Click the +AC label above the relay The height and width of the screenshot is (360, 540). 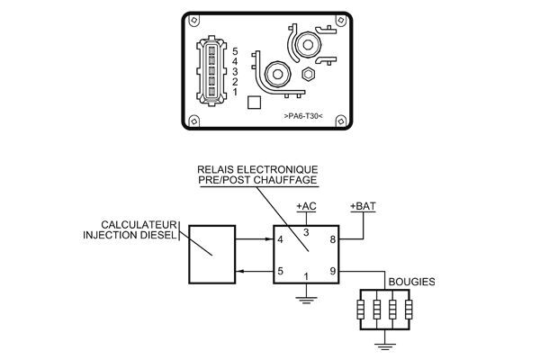point(306,206)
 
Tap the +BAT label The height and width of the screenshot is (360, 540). point(363,206)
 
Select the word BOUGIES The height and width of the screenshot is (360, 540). point(410,282)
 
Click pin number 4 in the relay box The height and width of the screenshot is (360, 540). point(281,240)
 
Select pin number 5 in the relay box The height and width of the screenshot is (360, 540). point(281,270)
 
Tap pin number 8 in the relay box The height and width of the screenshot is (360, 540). point(332,240)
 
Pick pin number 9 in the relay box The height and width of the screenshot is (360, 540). point(332,270)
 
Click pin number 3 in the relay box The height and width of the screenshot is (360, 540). point(306,232)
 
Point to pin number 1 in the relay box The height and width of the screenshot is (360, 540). point(306,276)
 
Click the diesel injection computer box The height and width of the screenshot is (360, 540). point(211,254)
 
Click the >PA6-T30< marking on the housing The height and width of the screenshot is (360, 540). point(301,115)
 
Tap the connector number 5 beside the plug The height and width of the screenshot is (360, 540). point(235,51)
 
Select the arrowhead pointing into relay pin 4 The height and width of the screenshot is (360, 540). point(269,240)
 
